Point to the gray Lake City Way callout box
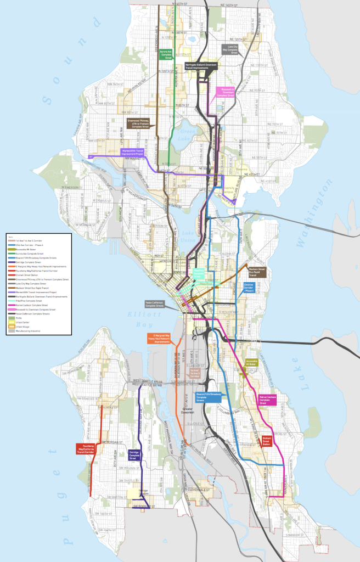232,50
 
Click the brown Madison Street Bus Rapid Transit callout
258,272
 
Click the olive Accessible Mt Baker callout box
251,363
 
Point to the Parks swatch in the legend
12,318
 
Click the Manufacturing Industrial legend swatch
12,331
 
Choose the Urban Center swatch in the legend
12,323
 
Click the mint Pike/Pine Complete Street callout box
198,274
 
